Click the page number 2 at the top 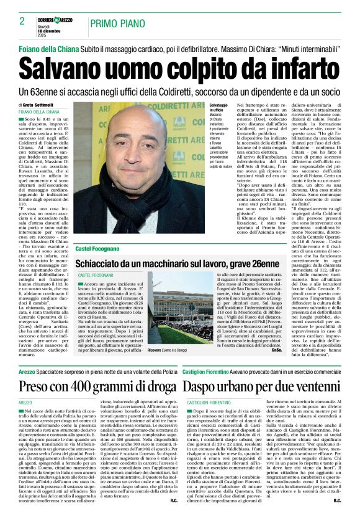click(x=22, y=21)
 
